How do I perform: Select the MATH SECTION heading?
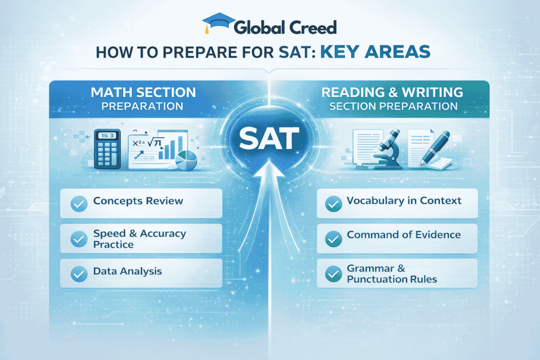143,92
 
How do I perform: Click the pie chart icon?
185,160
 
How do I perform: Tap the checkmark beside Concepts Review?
79,203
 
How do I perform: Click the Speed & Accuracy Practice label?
140,239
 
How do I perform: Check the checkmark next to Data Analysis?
79,274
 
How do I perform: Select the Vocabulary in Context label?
404,201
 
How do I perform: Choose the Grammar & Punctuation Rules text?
392,274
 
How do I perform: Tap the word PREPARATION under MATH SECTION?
143,106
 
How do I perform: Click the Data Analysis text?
128,271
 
